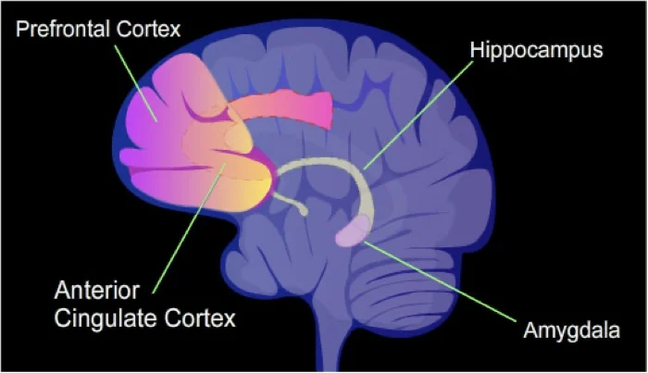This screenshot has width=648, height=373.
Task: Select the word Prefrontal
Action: coord(60,29)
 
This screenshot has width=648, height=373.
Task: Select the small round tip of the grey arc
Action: coord(304,211)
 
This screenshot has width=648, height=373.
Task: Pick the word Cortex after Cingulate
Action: coord(203,319)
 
